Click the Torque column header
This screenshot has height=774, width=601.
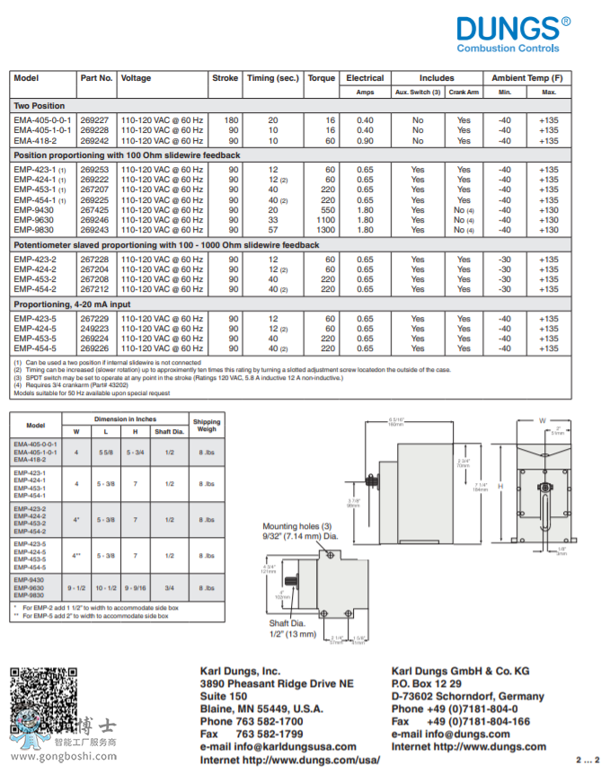322,78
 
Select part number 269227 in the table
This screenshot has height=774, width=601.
94,119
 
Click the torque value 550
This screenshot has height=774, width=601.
328,209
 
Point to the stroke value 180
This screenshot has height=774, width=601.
232,119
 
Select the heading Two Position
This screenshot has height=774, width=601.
40,106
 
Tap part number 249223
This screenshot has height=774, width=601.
94,329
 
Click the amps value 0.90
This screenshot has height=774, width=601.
365,141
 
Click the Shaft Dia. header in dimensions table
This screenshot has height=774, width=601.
169,431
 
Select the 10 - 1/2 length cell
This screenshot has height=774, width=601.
105,587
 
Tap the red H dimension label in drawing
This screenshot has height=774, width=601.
500,485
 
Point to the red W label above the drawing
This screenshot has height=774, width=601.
542,419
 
